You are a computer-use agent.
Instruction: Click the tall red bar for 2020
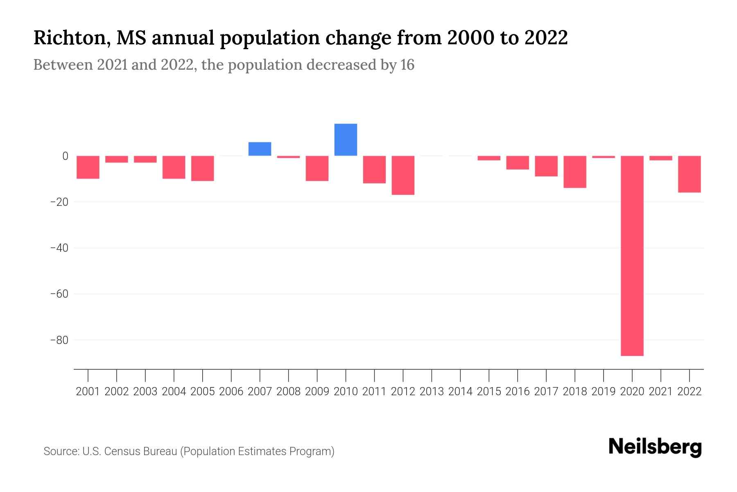[x=632, y=255]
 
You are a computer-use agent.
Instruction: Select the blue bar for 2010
[x=346, y=140]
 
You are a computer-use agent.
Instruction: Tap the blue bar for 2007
[x=260, y=149]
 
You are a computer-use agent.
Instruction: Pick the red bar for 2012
[x=403, y=175]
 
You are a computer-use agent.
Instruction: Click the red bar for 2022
[x=689, y=174]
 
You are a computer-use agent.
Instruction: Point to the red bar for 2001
[x=88, y=167]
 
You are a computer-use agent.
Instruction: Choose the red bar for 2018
[x=574, y=172]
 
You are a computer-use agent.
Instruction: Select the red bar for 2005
[x=203, y=168]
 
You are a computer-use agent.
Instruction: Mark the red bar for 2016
[x=518, y=162]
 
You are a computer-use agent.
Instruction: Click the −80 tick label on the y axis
[x=59, y=340]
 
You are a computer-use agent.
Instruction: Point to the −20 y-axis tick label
[x=59, y=202]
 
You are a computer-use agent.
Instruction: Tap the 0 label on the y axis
[x=65, y=156]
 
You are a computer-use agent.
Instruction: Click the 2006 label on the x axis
[x=231, y=392]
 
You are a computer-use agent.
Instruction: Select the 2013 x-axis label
[x=432, y=392]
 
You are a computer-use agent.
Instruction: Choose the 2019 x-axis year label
[x=603, y=392]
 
